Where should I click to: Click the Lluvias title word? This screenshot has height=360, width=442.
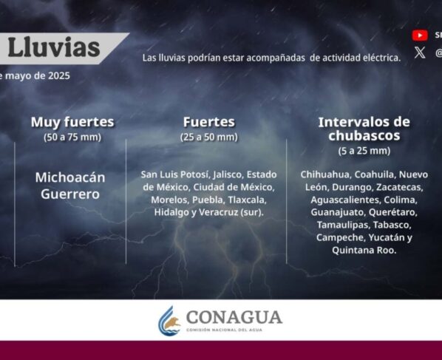pos(54,47)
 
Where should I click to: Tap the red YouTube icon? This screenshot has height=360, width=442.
pos(420,35)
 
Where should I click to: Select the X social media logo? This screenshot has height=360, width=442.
pos(420,52)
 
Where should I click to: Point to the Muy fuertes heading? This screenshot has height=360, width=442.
pos(72,122)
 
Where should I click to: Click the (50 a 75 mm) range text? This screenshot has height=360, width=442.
pos(72,137)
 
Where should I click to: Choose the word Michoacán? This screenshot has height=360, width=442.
pos(70,177)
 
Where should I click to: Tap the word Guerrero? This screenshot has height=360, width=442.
pos(70,194)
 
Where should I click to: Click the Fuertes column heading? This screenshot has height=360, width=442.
pos(209,122)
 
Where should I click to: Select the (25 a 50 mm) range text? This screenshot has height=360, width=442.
pos(209,137)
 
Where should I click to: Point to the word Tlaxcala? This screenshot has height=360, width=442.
pos(247,200)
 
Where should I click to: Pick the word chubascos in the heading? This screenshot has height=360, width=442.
pos(364,135)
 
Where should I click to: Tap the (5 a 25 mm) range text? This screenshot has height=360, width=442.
pos(364,151)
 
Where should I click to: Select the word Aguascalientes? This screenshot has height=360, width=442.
pos(345,200)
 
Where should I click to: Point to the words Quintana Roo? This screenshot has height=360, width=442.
pos(364,251)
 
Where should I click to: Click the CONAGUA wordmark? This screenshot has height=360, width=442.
pos(234,317)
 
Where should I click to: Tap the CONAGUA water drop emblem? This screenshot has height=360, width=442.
pos(169,321)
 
